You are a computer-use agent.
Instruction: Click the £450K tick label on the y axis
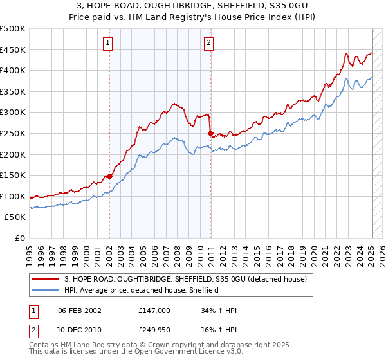point(13,50)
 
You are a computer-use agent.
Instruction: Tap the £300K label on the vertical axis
point(13,113)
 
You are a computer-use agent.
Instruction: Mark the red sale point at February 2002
point(109,175)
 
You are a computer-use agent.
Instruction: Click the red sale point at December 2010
point(210,133)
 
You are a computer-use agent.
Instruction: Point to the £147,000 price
point(154,310)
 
